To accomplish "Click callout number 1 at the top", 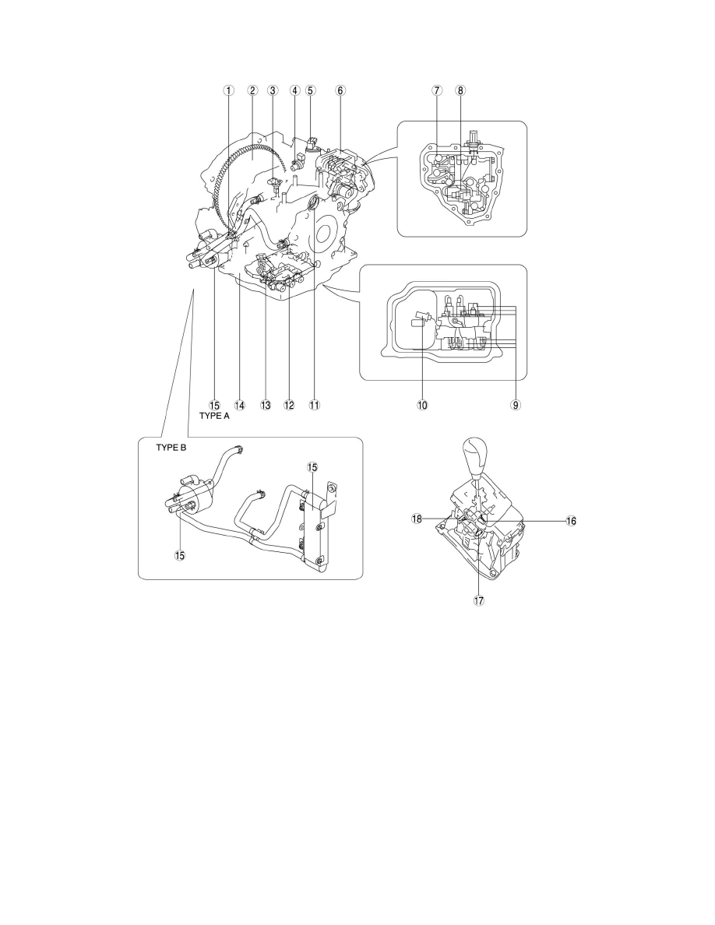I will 228,90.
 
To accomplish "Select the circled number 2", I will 252,90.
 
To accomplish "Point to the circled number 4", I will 294,90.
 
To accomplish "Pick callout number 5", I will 310,90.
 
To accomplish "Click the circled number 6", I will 340,90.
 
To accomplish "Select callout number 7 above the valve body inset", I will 437,90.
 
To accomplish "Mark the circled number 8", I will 460,90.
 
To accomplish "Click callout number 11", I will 315,405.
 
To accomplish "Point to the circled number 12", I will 289,405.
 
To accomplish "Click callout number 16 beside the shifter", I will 571,521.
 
